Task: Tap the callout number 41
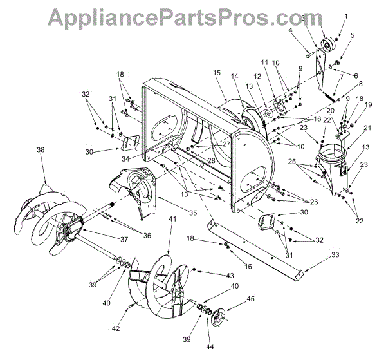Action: [172, 220]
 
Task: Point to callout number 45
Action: [250, 299]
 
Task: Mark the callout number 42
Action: [115, 329]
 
